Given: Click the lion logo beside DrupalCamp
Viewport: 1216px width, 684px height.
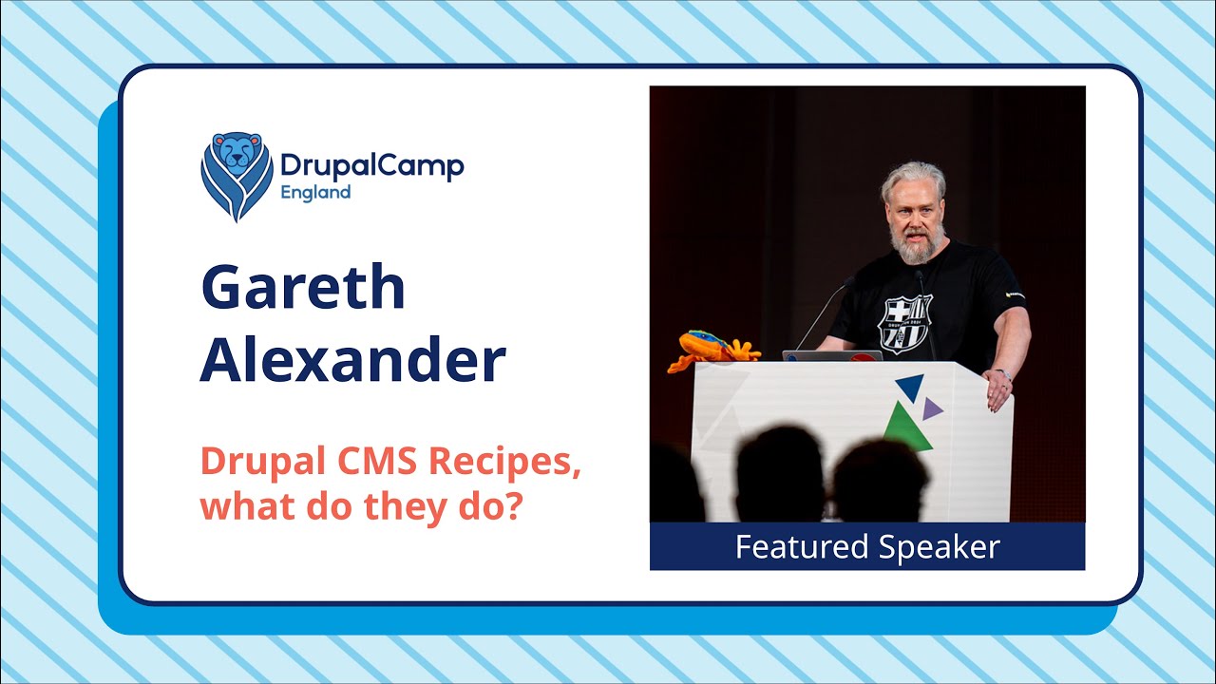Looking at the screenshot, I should point(237,176).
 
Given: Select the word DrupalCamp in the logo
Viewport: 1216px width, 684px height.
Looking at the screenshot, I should point(371,166).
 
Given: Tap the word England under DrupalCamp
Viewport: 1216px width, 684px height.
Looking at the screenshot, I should point(314,192).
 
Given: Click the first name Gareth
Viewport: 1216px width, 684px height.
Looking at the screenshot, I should point(303,289).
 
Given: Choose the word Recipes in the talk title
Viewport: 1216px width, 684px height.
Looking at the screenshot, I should point(503,463).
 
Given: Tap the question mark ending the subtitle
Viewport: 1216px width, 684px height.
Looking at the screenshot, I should point(513,505).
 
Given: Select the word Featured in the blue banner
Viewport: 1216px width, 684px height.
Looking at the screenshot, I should point(802,547).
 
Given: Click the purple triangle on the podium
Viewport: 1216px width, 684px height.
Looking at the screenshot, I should point(932,408).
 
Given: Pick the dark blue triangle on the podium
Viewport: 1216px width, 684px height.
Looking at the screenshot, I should point(911,386).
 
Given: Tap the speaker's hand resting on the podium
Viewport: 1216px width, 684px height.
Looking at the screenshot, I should point(998,389).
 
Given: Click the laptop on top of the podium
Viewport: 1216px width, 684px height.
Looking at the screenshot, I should point(831,355).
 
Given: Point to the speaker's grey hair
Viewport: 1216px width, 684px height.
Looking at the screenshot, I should point(912,178).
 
